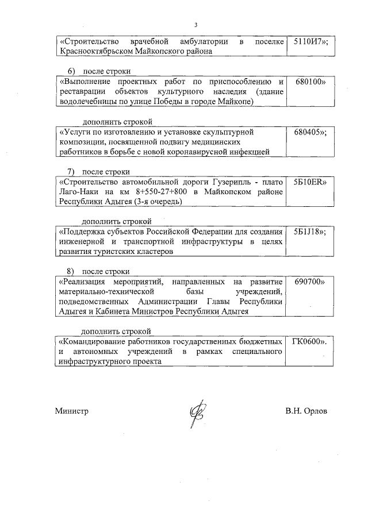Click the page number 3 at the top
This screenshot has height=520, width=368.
[x=195, y=25]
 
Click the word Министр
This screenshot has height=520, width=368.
[x=72, y=411]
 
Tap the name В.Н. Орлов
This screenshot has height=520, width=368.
[x=306, y=411]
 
